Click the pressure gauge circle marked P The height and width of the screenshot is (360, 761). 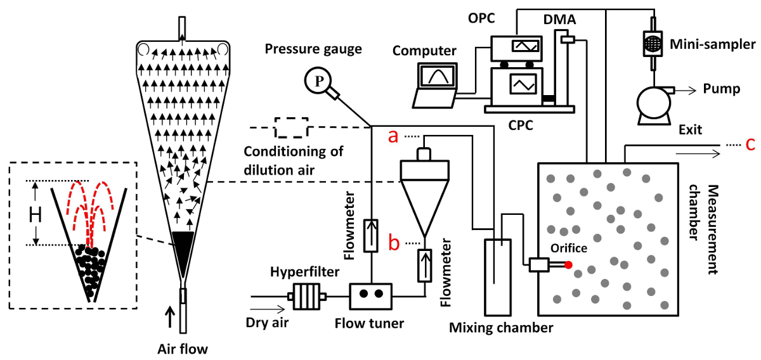[x=315, y=80]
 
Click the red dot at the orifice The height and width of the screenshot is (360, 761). [x=568, y=264]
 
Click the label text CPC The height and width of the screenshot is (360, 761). [x=519, y=125]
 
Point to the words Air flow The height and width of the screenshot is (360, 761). [x=183, y=348]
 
